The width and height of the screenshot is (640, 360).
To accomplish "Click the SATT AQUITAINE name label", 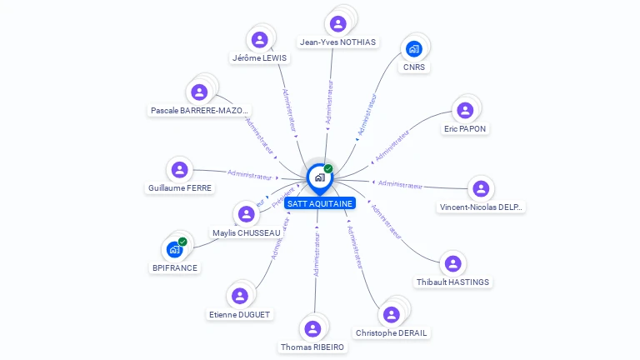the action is [x=319, y=203].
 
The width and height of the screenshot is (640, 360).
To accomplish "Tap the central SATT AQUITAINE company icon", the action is [x=319, y=177].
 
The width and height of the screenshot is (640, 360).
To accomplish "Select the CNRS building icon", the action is [x=414, y=48].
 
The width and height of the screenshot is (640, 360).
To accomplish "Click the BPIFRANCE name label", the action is [x=175, y=267].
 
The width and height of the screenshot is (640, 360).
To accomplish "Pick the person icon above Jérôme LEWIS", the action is [x=259, y=39].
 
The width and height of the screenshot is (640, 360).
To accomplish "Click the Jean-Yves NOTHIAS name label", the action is [x=337, y=42].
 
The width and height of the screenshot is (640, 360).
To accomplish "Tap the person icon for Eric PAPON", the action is [x=465, y=110].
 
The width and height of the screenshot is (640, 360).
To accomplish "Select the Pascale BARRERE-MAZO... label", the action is [x=198, y=110].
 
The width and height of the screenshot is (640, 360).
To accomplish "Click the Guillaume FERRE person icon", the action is [x=179, y=170].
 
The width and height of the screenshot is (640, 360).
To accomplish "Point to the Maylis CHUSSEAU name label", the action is [x=247, y=232].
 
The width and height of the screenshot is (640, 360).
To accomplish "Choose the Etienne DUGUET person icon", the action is [x=240, y=296].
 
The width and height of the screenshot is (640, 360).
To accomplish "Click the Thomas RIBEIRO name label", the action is [x=312, y=347].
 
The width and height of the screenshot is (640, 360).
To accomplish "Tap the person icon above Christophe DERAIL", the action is [x=391, y=314].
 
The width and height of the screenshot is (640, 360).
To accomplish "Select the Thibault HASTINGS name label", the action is [x=453, y=282].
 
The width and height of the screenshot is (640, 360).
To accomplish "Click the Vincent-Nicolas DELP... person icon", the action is [x=480, y=189].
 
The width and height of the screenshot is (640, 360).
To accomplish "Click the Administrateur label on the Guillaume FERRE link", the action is [x=250, y=175].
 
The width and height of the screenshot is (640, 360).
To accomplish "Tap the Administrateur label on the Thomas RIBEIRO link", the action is [x=316, y=254].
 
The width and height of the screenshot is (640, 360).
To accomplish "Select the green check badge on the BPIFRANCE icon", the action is [x=182, y=242].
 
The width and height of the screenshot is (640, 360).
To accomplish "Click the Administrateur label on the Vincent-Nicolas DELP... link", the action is [x=400, y=184].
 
